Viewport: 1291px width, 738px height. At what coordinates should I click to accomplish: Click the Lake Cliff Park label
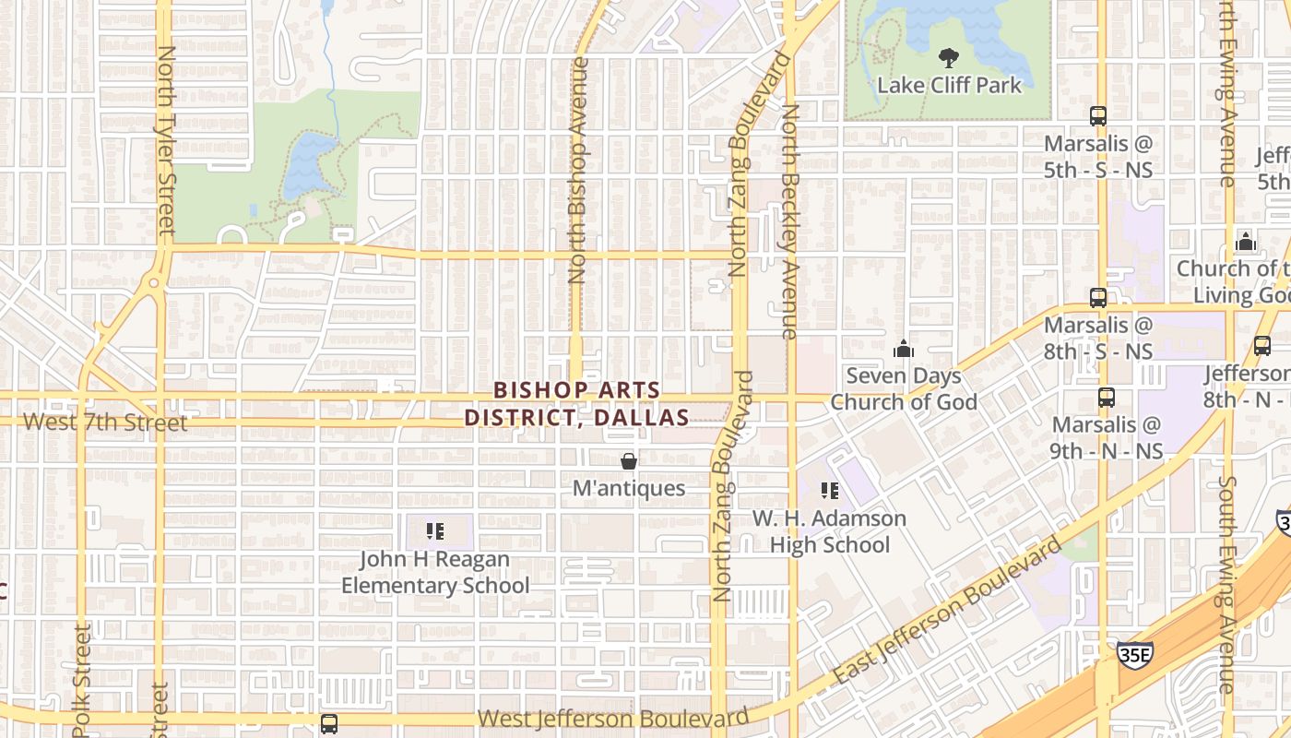click(x=949, y=86)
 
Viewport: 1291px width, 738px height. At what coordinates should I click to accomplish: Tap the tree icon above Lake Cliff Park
click(x=947, y=59)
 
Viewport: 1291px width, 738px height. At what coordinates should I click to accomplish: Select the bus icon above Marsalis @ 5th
click(x=1097, y=116)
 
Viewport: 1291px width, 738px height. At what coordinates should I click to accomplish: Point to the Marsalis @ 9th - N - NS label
click(x=1107, y=438)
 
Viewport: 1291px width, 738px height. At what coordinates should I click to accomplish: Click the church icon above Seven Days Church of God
click(x=904, y=349)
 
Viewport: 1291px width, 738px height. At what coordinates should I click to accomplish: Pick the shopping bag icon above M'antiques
click(x=629, y=461)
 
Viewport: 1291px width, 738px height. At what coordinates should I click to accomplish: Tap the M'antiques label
click(x=629, y=488)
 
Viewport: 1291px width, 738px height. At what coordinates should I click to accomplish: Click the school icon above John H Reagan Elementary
click(x=435, y=531)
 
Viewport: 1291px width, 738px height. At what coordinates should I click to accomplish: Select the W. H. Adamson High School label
click(x=829, y=531)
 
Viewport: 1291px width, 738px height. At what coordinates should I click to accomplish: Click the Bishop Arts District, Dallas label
click(x=576, y=404)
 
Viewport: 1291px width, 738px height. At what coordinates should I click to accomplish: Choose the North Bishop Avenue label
click(x=578, y=171)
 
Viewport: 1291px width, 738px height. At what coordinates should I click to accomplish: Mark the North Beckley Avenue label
click(x=789, y=221)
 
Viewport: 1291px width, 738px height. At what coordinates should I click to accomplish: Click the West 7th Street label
click(x=105, y=423)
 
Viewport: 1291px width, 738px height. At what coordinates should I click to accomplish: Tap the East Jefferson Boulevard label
click(x=948, y=612)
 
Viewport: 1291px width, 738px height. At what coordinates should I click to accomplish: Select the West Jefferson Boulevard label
click(x=613, y=719)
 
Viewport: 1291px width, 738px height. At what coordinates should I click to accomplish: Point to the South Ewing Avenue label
click(x=1226, y=584)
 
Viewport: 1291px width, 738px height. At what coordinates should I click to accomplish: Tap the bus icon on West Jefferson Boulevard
click(x=329, y=724)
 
